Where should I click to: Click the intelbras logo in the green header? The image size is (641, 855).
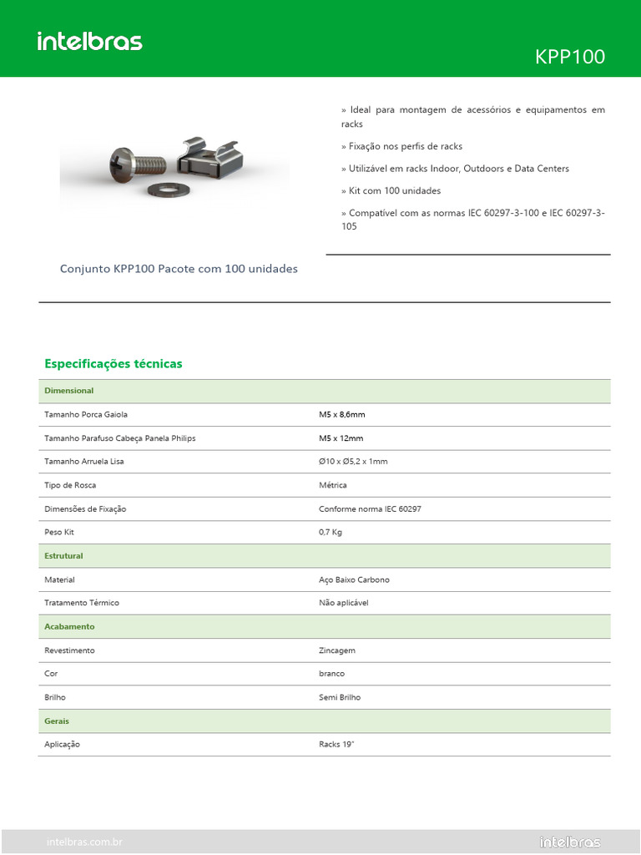click(89, 41)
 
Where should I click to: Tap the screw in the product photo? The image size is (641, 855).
click(138, 160)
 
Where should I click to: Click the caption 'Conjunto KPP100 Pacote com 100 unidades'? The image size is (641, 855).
click(179, 269)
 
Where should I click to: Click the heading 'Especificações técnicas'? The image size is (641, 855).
click(113, 364)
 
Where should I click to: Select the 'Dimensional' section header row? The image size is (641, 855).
click(69, 391)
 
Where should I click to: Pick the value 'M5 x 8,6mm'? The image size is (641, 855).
click(341, 414)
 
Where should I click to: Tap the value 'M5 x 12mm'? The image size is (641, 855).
click(341, 438)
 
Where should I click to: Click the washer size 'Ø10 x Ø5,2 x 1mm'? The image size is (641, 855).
click(353, 461)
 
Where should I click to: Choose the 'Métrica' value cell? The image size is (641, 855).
click(332, 485)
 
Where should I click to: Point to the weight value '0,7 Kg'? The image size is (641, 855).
click(331, 532)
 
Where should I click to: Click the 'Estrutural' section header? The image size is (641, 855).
click(63, 555)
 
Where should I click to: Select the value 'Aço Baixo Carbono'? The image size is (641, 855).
click(354, 579)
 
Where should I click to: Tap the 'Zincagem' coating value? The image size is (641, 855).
click(337, 650)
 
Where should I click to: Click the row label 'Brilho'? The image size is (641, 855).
click(55, 696)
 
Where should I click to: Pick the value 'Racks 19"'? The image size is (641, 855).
click(336, 744)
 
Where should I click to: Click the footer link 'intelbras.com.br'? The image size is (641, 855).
click(84, 842)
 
